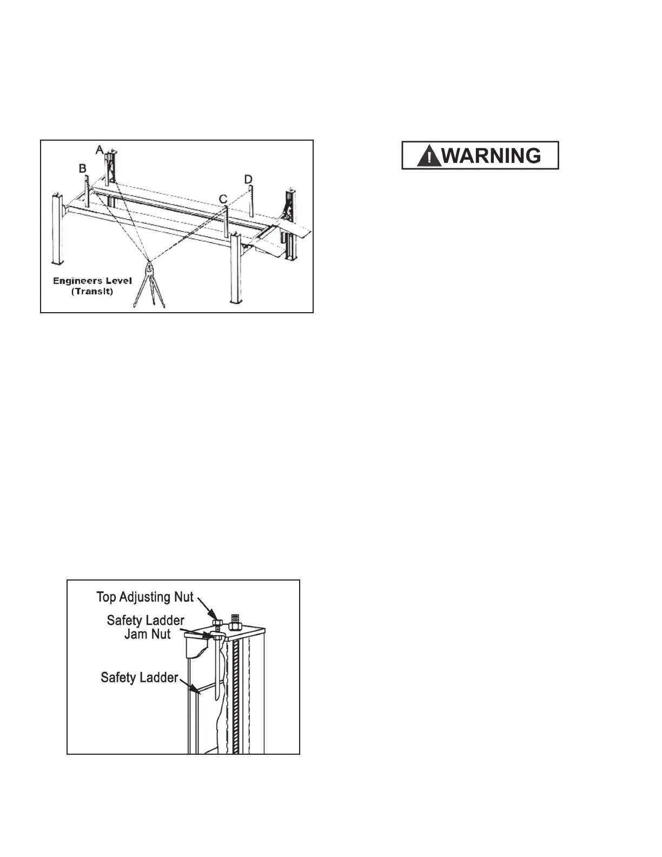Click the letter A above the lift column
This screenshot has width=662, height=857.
tap(99, 149)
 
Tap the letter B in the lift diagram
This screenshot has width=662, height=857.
tap(83, 168)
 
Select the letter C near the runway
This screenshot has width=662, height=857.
tap(223, 199)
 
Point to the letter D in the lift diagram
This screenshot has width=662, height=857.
tap(248, 179)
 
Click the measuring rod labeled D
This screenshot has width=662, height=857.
tap(251, 200)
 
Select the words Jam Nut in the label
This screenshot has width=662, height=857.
tap(148, 634)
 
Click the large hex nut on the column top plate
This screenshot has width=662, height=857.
tap(235, 625)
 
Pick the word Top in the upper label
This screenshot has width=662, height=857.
tap(106, 597)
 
